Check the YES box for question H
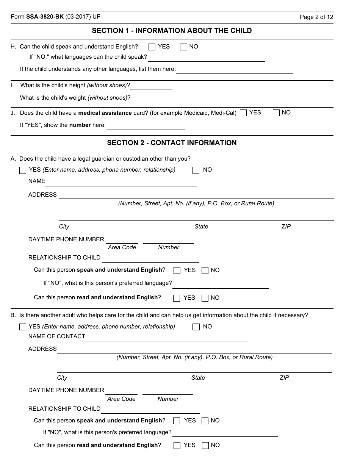tap(152, 47)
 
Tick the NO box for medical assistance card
tap(276, 113)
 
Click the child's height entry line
tap(151, 86)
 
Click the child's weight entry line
tap(153, 99)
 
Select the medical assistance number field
tap(146, 126)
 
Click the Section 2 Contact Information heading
tap(172, 143)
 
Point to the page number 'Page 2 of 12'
tap(316, 17)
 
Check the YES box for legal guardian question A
tap(23, 170)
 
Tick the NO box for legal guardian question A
tap(196, 170)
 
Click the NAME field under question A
tap(121, 182)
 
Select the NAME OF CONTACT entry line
tap(167, 337)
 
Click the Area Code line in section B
tap(121, 391)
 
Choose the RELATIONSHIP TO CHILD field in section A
tap(150, 258)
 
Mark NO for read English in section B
tap(205, 446)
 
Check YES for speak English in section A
tap(177, 271)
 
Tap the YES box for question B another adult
tap(23, 327)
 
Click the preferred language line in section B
tap(225, 433)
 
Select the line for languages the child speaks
tap(207, 58)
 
